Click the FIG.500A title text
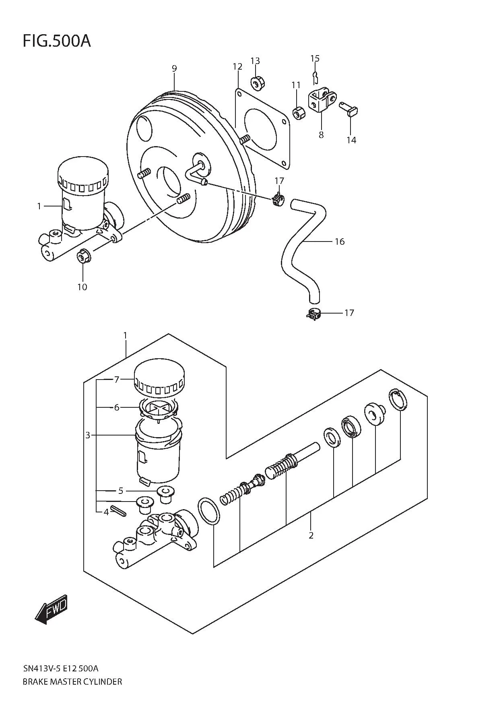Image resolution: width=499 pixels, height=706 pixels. coord(56,41)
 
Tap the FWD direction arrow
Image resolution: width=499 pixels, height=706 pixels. coord(52,611)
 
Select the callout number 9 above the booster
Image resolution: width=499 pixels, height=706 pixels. coord(174,68)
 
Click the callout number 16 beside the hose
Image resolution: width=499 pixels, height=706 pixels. coord(339,242)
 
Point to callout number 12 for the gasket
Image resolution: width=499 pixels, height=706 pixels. coord(237,66)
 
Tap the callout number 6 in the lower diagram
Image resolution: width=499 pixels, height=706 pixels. coord(117,407)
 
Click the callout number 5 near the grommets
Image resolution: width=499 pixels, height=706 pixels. coord(120,491)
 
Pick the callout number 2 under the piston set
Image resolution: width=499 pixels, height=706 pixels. coord(311,535)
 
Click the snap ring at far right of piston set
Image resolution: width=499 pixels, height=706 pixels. coord(398,400)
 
